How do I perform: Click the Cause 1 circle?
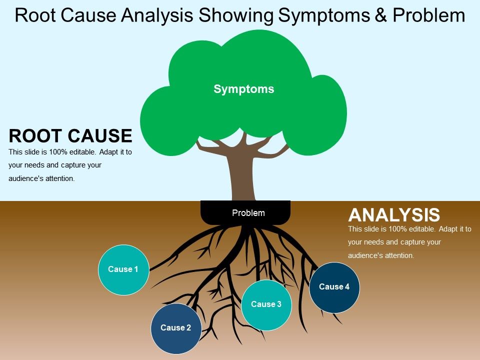click(x=123, y=269)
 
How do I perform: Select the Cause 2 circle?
click(x=176, y=328)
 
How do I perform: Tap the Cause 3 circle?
click(x=266, y=304)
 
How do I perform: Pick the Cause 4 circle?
click(x=334, y=287)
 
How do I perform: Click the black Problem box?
click(x=245, y=213)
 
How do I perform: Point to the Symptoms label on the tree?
click(x=244, y=89)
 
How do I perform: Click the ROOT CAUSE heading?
click(x=70, y=136)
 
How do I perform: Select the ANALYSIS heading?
click(x=394, y=215)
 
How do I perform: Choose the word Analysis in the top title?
click(x=158, y=16)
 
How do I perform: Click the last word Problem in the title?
click(x=428, y=16)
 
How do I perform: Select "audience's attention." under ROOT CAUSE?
click(x=42, y=178)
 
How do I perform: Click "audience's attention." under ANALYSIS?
click(x=381, y=255)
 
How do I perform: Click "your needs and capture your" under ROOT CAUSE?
click(x=55, y=165)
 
